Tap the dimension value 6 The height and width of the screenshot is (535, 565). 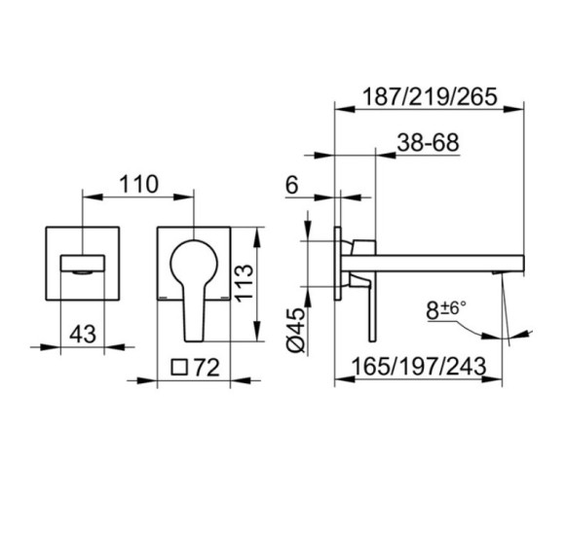pyautogui.click(x=291, y=184)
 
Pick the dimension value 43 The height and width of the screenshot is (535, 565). pyautogui.click(x=84, y=333)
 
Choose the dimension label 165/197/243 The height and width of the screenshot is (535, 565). pyautogui.click(x=421, y=368)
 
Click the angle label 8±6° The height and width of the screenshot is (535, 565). pyautogui.click(x=447, y=311)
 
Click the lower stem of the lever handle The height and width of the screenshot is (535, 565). pyautogui.click(x=193, y=316)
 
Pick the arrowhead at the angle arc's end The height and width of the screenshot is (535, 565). pyautogui.click(x=509, y=336)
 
